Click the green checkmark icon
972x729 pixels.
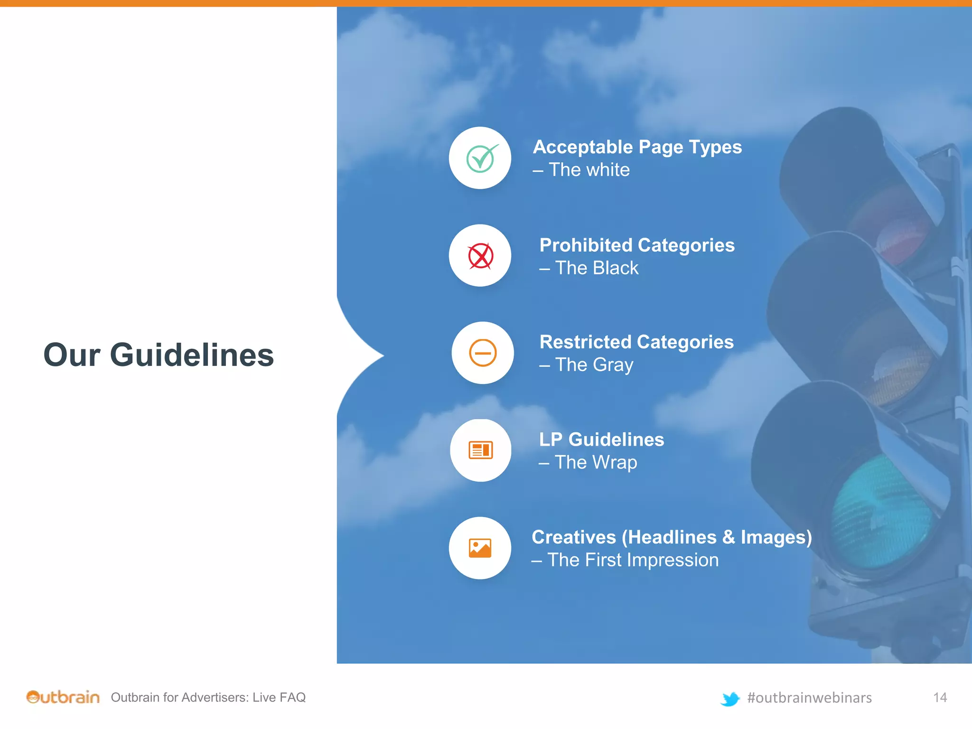(x=481, y=158)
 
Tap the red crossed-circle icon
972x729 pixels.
(x=480, y=256)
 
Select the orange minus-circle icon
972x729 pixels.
(x=483, y=353)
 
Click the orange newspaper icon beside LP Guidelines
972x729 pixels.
(x=480, y=450)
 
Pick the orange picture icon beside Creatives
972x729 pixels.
(x=480, y=548)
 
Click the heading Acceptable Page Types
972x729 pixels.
(x=637, y=147)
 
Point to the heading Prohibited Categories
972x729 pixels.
(x=637, y=245)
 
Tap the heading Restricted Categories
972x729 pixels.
(x=636, y=342)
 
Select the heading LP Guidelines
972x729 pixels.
(x=601, y=439)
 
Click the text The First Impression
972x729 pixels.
(x=633, y=560)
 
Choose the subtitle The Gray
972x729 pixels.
(x=594, y=365)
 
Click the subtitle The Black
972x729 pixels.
(x=597, y=268)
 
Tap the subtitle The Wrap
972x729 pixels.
(x=596, y=462)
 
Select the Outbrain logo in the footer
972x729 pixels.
(x=63, y=697)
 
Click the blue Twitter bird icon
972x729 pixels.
(x=730, y=699)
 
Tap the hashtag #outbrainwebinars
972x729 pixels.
(x=809, y=698)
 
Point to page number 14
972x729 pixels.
(x=940, y=697)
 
